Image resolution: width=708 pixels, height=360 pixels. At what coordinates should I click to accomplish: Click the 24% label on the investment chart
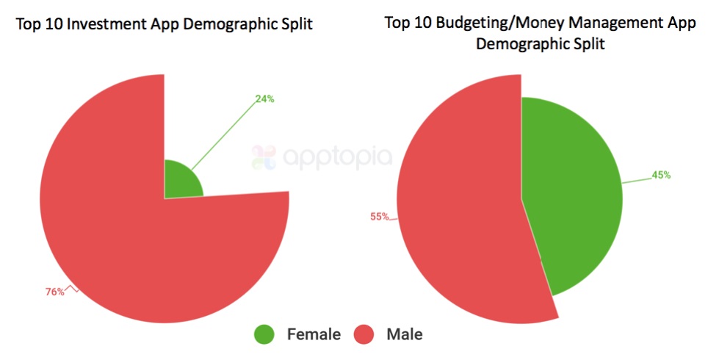[x=264, y=99]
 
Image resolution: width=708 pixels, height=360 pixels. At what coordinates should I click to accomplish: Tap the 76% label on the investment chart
[x=54, y=292]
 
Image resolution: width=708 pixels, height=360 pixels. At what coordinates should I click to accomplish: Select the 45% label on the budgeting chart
[x=660, y=176]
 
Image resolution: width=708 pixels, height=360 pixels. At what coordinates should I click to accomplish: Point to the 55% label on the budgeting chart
[x=379, y=217]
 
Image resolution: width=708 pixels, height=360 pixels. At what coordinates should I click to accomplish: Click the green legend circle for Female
[x=264, y=334]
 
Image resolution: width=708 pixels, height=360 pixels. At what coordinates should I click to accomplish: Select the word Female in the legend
[x=314, y=334]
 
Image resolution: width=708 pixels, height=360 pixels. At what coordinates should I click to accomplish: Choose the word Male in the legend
[x=404, y=334]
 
